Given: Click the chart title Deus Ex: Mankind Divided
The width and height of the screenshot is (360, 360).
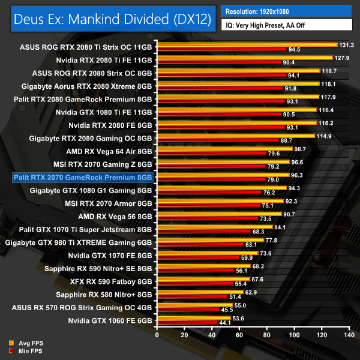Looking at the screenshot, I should pos(113,19).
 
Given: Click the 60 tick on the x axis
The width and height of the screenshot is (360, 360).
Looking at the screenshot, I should pos(239,335).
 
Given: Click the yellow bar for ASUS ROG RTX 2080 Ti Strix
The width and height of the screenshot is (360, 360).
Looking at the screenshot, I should pos(247,44).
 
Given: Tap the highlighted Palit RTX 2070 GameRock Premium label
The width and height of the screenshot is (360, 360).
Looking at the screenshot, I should pos(83,177).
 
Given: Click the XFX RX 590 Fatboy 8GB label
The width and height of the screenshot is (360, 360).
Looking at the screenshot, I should pos(107,281).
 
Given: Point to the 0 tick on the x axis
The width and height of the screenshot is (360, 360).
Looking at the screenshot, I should pos(157,335).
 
